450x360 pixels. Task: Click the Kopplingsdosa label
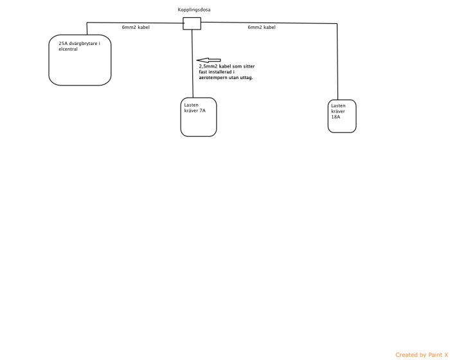[x=194, y=10]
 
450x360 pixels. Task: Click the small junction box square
[x=192, y=24]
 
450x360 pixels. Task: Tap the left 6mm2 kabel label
[x=136, y=27]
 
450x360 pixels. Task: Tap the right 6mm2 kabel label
[x=262, y=27]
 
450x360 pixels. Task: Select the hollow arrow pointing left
[x=209, y=60]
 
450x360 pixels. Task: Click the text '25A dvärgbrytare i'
[x=80, y=44]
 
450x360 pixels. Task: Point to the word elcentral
[x=68, y=49]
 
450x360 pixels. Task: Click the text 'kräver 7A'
[x=195, y=111]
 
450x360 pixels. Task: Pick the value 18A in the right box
[x=336, y=117]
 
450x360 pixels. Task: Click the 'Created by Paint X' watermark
[x=422, y=355]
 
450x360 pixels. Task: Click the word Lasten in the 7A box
[x=191, y=105]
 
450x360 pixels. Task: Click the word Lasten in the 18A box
[x=338, y=105]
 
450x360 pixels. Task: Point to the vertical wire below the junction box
[x=192, y=64]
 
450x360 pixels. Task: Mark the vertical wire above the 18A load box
[x=337, y=62]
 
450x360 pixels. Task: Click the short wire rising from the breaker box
[x=87, y=29]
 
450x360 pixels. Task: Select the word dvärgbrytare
[x=83, y=44]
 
